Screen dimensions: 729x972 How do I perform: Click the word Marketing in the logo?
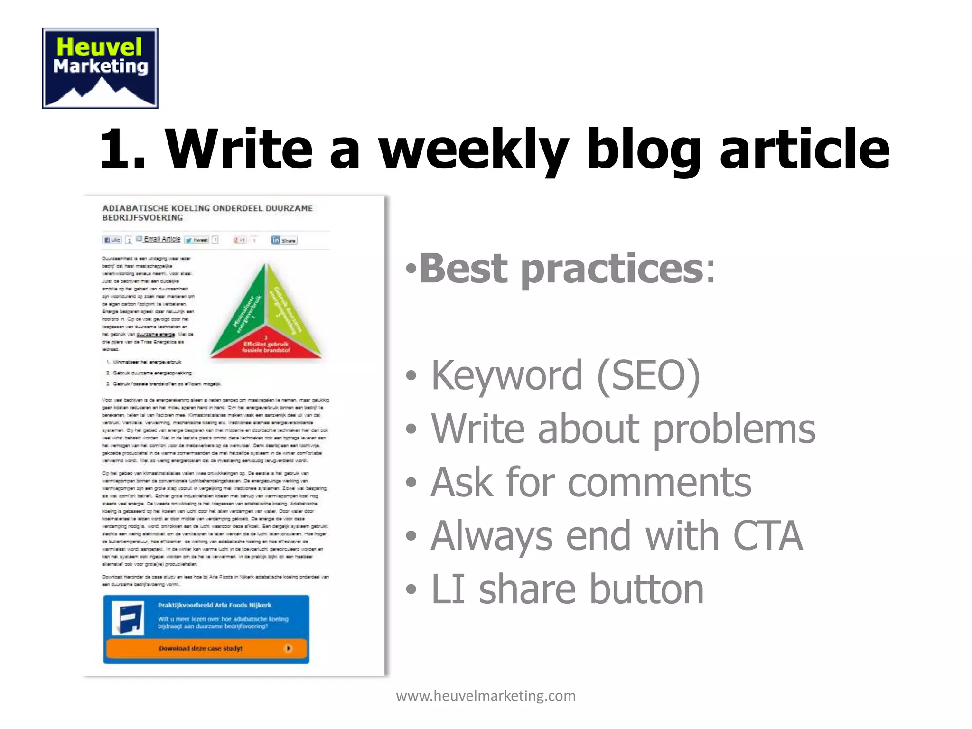(100, 66)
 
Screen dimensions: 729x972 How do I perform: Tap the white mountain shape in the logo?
(101, 93)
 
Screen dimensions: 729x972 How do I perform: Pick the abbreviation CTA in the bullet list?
(767, 536)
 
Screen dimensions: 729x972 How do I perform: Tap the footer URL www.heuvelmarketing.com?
(486, 696)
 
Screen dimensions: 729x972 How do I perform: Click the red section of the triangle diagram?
(266, 346)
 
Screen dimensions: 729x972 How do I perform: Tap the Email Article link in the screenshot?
(161, 239)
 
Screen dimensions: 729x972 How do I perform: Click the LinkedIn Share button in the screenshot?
(284, 240)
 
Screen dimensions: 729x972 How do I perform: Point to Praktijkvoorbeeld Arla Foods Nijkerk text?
(215, 605)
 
